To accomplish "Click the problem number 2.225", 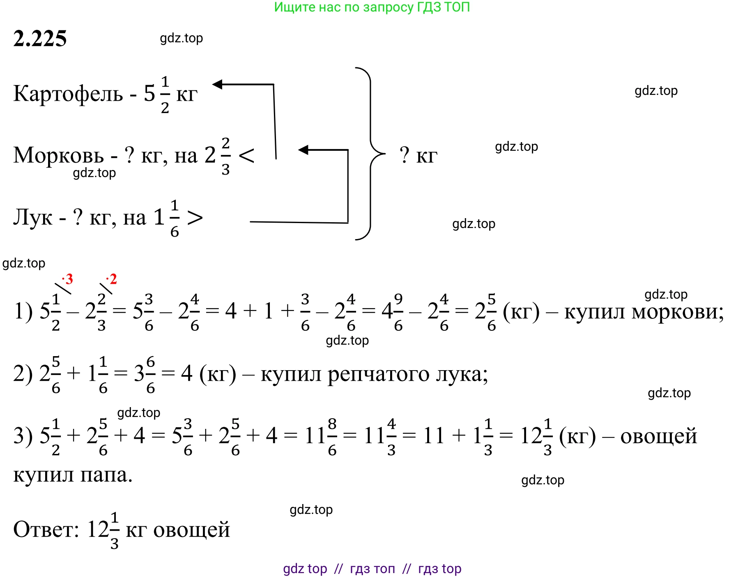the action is [x=40, y=39].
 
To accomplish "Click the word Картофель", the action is [x=68, y=94].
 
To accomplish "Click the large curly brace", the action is [x=370, y=154].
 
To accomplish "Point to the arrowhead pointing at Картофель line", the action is [x=217, y=84].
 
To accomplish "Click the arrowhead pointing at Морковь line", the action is [x=303, y=150].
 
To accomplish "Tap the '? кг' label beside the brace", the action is [x=418, y=155].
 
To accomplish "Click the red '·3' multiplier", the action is [x=67, y=279].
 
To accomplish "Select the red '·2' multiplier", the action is [x=111, y=279].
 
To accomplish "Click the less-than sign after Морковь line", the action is [x=246, y=156].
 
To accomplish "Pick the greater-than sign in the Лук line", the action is [x=195, y=218].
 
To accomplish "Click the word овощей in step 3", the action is [x=659, y=436].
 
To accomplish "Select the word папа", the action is [x=107, y=476].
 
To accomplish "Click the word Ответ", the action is [x=46, y=529].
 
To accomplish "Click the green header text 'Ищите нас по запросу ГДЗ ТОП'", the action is [x=372, y=7].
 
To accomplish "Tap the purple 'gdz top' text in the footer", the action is [x=305, y=569].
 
